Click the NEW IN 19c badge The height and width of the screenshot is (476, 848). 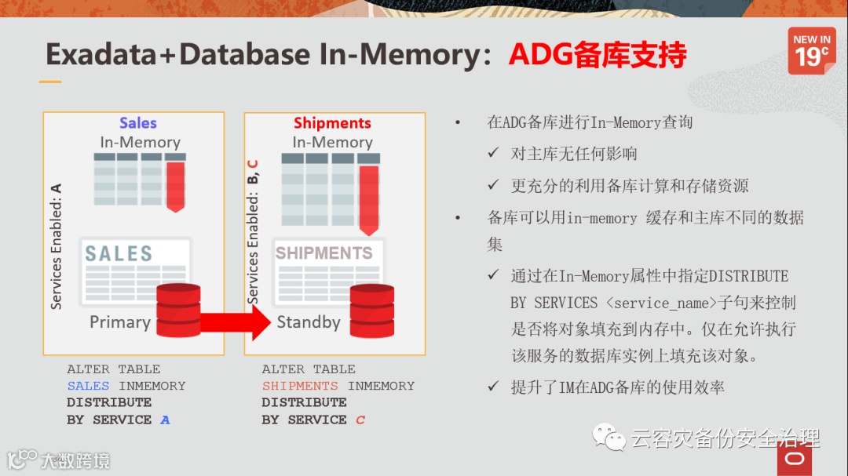(812, 50)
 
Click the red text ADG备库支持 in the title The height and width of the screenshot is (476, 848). (598, 54)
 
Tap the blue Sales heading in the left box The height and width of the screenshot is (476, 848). (138, 123)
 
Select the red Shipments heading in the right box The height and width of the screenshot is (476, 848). (332, 123)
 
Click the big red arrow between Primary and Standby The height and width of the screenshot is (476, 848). (236, 322)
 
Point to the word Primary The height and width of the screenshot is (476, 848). (120, 322)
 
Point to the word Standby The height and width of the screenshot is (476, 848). (309, 322)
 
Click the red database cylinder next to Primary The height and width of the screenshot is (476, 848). (178, 310)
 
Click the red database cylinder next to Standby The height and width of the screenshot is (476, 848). (372, 311)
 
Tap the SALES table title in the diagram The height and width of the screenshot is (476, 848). (119, 253)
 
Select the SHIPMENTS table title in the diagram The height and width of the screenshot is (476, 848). (323, 253)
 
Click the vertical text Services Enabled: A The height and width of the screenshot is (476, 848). (56, 246)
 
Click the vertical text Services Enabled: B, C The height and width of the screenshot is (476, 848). (252, 231)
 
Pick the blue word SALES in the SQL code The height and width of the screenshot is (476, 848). (88, 386)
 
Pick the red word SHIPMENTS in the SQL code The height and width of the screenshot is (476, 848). (300, 386)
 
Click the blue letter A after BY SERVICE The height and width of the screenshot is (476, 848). (165, 420)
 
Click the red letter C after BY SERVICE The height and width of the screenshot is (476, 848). (360, 420)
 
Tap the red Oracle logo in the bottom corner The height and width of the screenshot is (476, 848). (795, 460)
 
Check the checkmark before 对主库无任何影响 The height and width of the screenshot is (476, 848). (493, 154)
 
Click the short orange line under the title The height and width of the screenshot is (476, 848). (50, 82)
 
